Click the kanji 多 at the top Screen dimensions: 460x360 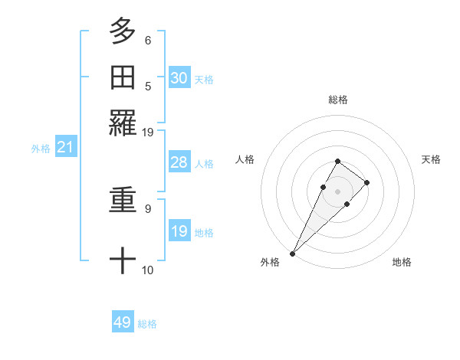123,31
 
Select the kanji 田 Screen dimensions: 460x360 123,77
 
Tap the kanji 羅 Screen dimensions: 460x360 123,123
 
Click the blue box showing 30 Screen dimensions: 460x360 179,77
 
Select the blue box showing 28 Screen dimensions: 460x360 179,162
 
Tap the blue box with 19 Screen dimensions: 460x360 179,231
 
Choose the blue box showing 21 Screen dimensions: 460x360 65,147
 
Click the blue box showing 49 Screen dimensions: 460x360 123,322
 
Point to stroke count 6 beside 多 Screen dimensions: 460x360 148,40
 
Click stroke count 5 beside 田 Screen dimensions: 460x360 148,86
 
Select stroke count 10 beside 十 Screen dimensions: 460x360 148,270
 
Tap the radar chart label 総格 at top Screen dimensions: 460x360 338,100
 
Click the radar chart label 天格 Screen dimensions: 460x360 432,159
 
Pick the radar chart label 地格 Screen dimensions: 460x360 402,262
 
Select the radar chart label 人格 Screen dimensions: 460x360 245,159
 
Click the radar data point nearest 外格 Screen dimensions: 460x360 293,253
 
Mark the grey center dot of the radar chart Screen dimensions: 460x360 338,190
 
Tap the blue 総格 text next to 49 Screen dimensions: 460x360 147,324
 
